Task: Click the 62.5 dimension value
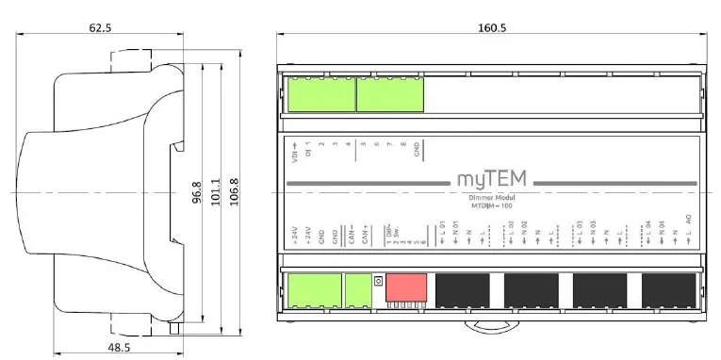point(101,28)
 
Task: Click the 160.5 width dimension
point(492,28)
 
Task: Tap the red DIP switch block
point(405,286)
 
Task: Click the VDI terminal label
point(295,152)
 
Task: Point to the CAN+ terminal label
point(364,234)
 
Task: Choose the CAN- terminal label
point(351,234)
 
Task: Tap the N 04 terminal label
point(662,230)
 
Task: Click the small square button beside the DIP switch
point(378,281)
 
